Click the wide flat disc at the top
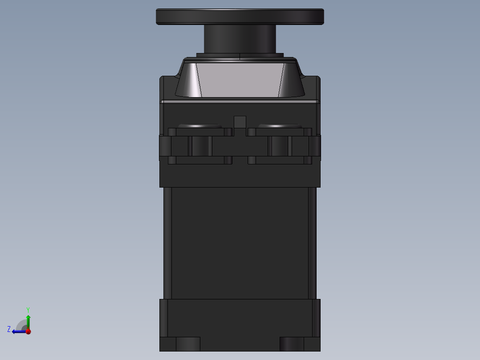(x=240, y=16)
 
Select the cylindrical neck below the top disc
(x=240, y=39)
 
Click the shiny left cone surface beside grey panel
(x=188, y=81)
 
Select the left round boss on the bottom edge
(x=188, y=344)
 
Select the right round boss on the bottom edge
(x=292, y=344)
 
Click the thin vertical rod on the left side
(x=167, y=243)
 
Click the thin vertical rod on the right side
(x=312, y=243)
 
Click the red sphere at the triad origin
(x=28, y=331)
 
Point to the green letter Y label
(x=28, y=309)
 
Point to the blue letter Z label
(x=9, y=329)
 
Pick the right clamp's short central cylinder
(x=279, y=146)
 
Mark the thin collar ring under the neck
(x=240, y=55)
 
